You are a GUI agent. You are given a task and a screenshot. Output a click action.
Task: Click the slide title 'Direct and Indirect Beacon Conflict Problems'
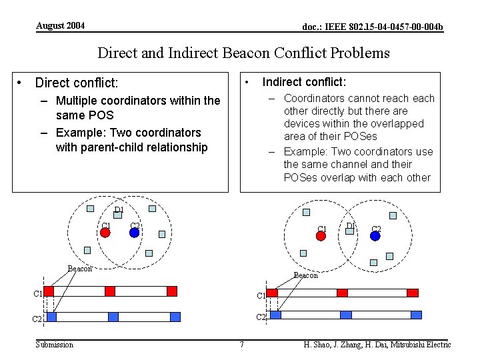[x=243, y=53]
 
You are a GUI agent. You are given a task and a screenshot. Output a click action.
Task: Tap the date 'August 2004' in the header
[x=60, y=25]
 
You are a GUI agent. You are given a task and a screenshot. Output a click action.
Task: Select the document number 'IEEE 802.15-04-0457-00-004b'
[x=372, y=27]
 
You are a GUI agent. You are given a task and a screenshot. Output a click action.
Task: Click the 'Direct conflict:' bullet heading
[x=76, y=83]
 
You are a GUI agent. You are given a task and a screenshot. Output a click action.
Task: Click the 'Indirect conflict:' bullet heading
[x=304, y=82]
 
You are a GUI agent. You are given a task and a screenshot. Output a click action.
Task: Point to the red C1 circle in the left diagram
[x=105, y=233]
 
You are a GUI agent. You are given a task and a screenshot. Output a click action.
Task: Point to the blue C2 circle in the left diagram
[x=133, y=233]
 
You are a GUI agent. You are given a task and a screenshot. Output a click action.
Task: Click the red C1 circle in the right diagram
[x=321, y=235]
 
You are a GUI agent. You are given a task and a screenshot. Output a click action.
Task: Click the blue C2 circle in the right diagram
[x=375, y=235]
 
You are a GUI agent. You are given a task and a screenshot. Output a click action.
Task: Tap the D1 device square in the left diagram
[x=117, y=215]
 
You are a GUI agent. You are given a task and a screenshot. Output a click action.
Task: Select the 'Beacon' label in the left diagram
[x=80, y=269]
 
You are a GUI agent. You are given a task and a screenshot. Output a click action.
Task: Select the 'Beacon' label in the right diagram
[x=306, y=275]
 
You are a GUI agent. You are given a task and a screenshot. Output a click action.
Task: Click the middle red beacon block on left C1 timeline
[x=110, y=291]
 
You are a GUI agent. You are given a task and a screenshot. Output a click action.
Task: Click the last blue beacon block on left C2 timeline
[x=175, y=317]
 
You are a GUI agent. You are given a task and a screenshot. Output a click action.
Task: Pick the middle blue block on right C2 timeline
[x=346, y=315]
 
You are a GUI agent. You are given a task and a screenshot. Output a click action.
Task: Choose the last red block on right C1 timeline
[x=413, y=293]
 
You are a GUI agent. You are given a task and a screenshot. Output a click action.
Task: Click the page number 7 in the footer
[x=241, y=345]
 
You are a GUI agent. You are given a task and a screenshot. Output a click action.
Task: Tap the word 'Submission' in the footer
[x=55, y=345]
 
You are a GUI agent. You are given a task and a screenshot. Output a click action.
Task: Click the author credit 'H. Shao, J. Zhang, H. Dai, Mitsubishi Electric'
[x=377, y=345]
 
